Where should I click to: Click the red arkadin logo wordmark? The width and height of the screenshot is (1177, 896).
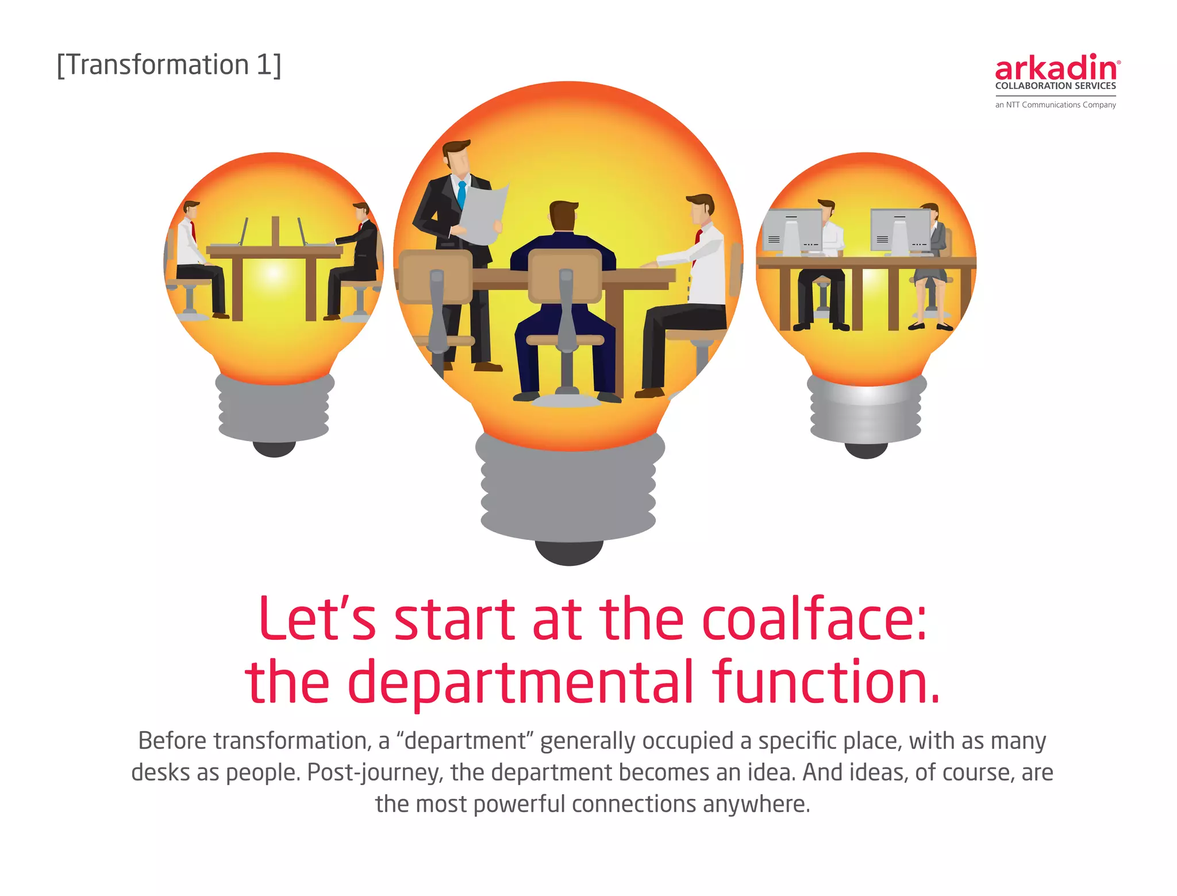pos(1056,69)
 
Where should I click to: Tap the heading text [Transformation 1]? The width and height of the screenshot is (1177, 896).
pos(169,65)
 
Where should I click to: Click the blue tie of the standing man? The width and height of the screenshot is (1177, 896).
pos(461,194)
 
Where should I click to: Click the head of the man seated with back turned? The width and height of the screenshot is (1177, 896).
pos(563,216)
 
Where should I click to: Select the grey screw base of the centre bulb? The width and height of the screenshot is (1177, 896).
pos(568,488)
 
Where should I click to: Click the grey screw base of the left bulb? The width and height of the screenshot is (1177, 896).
pos(274,408)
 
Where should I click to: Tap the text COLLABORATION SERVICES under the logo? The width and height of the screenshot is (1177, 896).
pos(1055,86)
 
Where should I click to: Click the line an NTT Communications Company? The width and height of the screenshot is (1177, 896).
pos(1055,105)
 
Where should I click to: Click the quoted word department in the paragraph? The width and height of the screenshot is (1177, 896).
pos(466,741)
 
